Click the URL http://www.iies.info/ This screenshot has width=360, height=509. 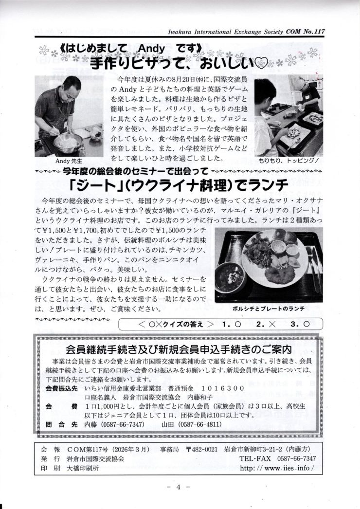(275, 468)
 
